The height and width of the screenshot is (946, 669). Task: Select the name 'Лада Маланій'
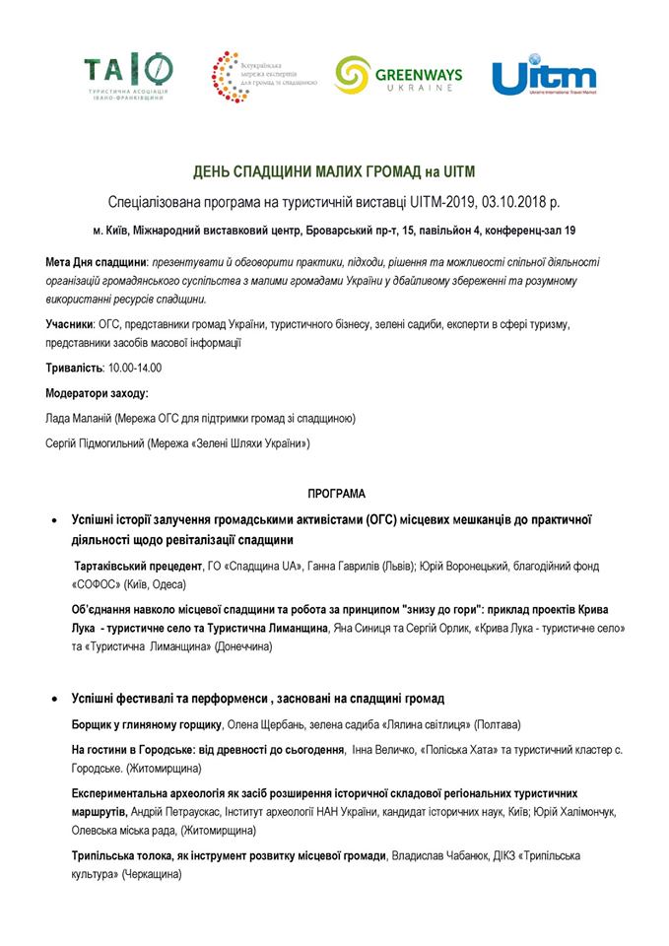point(78,418)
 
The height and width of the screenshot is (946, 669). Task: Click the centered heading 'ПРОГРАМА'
point(335,491)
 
